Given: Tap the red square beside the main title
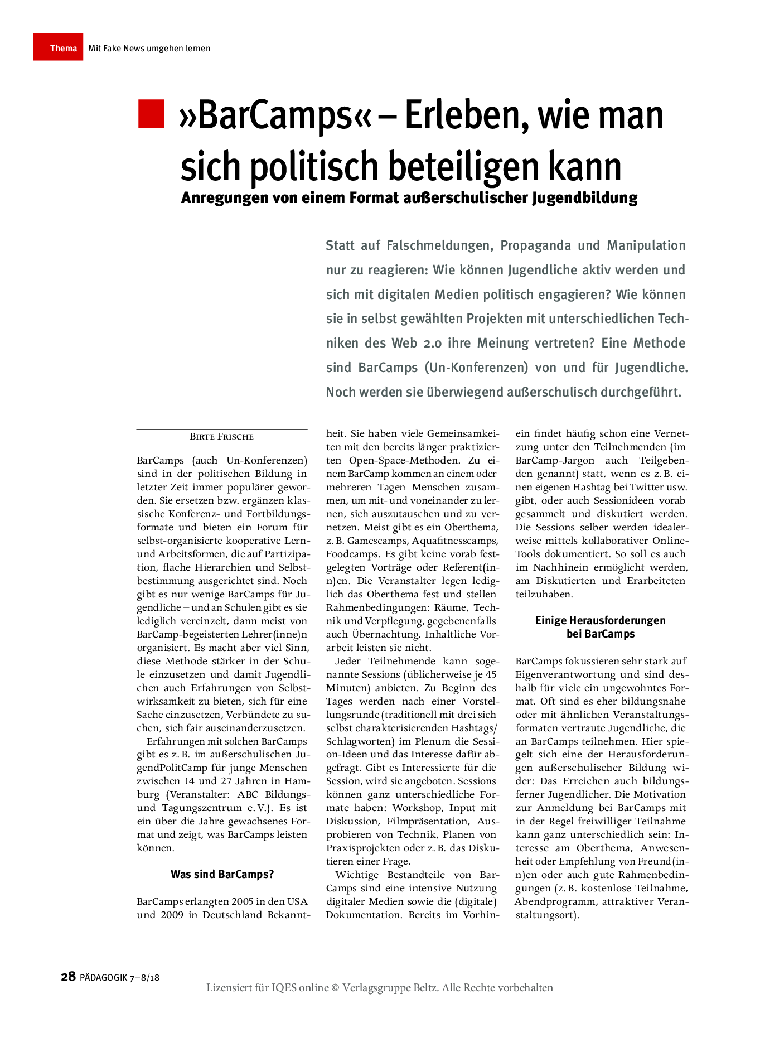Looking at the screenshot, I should pyautogui.click(x=151, y=114).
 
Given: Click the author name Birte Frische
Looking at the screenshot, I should pyautogui.click(x=222, y=437).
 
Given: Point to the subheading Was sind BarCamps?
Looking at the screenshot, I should pyautogui.click(x=222, y=874).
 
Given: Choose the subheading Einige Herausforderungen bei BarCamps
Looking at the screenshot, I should pyautogui.click(x=601, y=627).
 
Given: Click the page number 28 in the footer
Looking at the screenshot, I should pyautogui.click(x=68, y=977).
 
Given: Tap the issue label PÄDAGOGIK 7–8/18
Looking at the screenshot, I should pyautogui.click(x=120, y=977).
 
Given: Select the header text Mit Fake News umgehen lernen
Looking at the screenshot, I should pyautogui.click(x=149, y=49).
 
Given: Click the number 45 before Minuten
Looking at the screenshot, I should pyautogui.click(x=491, y=674).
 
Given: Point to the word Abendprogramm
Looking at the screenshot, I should pyautogui.click(x=549, y=901).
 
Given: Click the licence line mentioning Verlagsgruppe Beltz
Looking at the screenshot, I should pyautogui.click(x=380, y=988).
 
